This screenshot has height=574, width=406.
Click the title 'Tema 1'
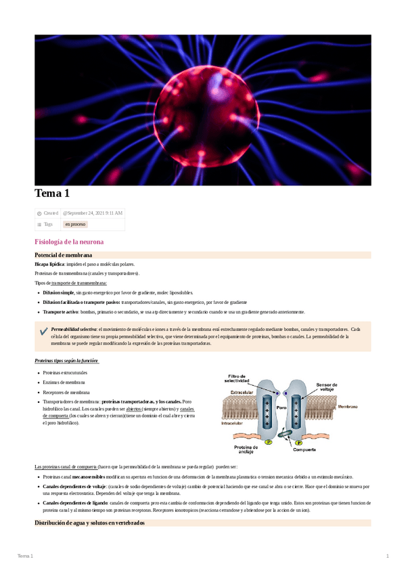click(x=52, y=194)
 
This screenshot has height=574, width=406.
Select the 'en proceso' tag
click(x=74, y=223)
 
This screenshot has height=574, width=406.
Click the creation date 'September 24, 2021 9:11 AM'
click(x=93, y=213)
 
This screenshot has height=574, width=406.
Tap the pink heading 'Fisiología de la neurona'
click(x=69, y=242)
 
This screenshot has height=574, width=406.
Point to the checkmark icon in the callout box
click(x=44, y=330)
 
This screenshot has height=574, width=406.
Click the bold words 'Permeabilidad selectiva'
click(x=74, y=328)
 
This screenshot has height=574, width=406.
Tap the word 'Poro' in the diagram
click(x=281, y=408)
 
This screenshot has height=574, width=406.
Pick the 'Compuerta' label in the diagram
click(x=305, y=449)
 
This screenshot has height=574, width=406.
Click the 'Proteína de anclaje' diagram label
click(x=244, y=450)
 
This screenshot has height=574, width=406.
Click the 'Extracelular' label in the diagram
click(x=242, y=392)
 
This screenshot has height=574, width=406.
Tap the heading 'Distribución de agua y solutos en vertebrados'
click(x=89, y=523)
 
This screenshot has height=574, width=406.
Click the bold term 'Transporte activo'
click(x=59, y=312)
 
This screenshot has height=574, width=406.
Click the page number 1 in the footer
click(x=387, y=556)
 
